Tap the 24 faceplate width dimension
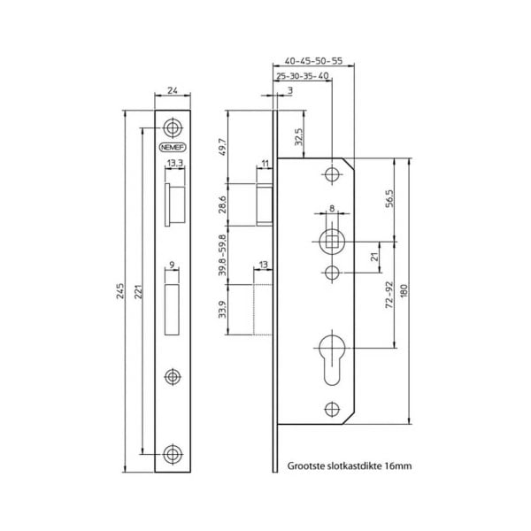[173, 90]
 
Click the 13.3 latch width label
[174, 164]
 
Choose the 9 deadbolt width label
[173, 263]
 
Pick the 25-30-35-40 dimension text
[304, 76]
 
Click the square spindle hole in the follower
[332, 241]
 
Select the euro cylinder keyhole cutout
[332, 358]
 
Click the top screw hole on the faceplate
[173, 125]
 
